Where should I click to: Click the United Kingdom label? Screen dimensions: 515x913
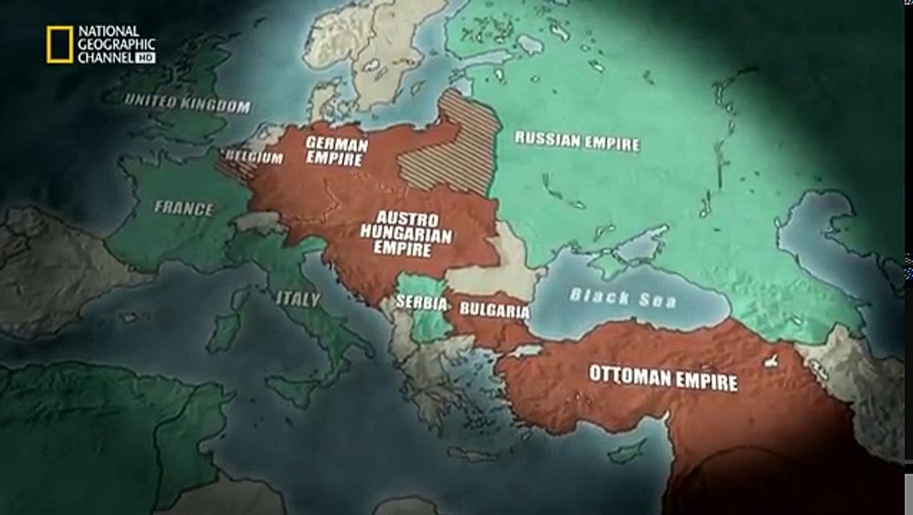(x=188, y=104)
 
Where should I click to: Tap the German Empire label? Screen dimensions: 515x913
(x=336, y=151)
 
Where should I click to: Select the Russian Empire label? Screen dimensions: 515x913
(x=577, y=140)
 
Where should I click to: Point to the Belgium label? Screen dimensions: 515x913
(x=254, y=157)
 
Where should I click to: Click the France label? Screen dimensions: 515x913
(x=184, y=208)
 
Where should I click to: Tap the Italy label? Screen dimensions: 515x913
(x=298, y=299)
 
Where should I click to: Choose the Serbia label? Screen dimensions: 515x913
(x=421, y=303)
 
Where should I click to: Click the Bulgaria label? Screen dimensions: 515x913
(x=494, y=310)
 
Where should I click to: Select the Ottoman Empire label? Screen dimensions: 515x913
(x=663, y=377)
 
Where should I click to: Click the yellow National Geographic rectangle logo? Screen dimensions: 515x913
(x=60, y=44)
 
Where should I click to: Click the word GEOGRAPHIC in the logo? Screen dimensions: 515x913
(x=117, y=44)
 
